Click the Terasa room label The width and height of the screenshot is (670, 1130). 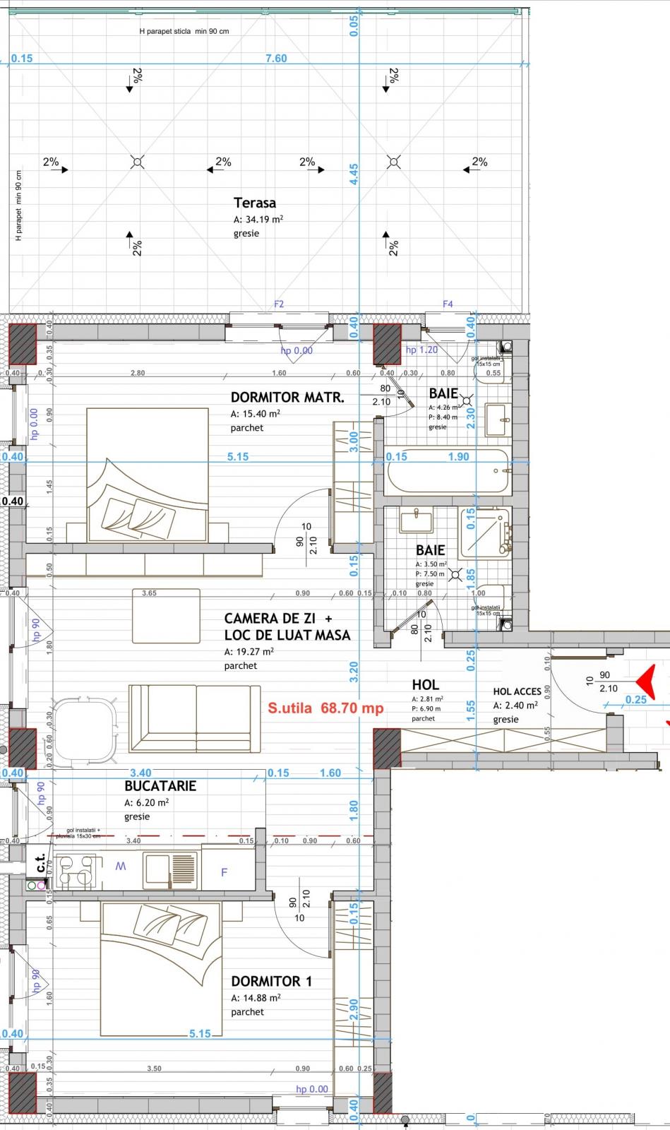tap(254, 203)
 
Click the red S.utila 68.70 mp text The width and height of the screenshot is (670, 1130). tap(325, 708)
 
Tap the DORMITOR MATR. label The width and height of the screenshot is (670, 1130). tap(287, 398)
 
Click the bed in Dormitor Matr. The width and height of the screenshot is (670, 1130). tap(147, 475)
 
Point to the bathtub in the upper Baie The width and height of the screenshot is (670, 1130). tap(447, 472)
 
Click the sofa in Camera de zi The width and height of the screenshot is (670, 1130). tap(194, 718)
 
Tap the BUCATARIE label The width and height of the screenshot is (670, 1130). tap(160, 785)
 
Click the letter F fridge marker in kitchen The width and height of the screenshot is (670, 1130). tap(225, 872)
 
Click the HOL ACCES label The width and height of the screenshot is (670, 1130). tap(517, 691)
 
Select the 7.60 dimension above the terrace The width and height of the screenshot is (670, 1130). tap(276, 59)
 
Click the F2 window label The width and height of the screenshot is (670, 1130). tap(279, 304)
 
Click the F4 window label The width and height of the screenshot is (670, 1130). tap(448, 304)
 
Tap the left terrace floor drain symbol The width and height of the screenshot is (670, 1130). tap(138, 162)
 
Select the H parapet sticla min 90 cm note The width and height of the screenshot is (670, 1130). tap(184, 31)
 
